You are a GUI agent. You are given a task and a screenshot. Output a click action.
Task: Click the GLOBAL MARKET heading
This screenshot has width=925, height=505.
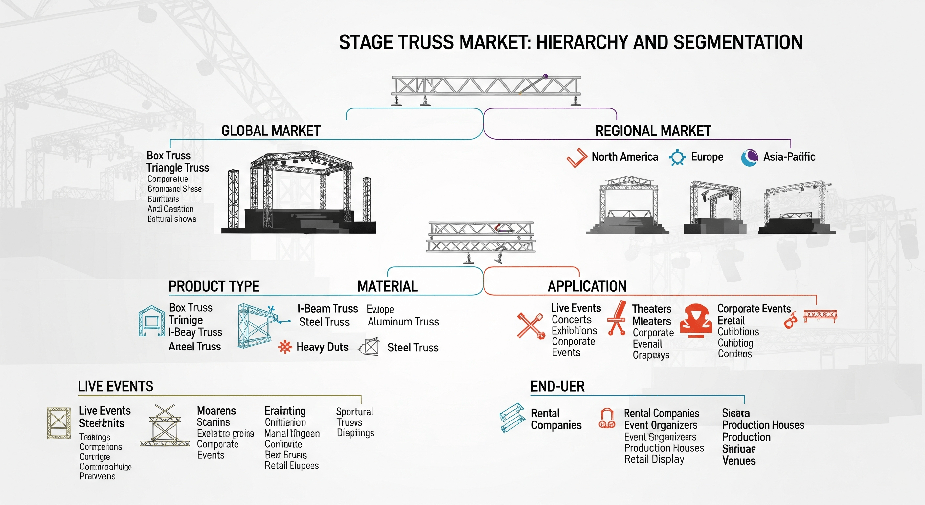(271, 131)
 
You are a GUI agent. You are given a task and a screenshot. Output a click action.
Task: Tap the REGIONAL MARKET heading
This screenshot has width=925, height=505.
(653, 131)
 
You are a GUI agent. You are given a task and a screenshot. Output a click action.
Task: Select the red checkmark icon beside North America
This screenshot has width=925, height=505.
(577, 158)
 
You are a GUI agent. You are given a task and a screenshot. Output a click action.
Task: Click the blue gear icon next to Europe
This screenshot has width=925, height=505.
(677, 157)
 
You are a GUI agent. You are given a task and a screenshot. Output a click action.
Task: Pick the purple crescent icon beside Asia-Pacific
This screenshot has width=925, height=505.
(749, 157)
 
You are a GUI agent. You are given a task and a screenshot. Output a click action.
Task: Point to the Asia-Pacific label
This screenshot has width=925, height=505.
(789, 157)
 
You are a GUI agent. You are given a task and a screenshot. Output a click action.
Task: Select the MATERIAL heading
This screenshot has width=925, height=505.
(388, 286)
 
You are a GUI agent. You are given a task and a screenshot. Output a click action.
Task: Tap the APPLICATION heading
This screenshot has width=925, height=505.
(587, 286)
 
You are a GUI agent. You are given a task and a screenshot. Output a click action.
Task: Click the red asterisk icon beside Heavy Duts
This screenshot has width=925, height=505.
(285, 347)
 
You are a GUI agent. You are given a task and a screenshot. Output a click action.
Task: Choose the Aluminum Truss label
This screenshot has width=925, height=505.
(403, 322)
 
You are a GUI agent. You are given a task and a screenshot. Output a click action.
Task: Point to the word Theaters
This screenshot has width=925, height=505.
(651, 309)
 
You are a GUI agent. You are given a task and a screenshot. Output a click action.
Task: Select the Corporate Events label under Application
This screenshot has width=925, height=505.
(754, 308)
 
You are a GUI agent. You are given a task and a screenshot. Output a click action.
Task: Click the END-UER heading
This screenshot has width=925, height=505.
(557, 386)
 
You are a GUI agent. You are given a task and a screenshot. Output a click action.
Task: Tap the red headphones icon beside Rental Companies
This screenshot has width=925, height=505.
(607, 419)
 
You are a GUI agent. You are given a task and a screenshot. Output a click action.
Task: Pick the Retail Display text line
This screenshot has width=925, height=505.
(654, 459)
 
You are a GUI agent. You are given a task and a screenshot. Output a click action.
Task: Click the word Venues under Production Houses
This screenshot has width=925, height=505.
(739, 461)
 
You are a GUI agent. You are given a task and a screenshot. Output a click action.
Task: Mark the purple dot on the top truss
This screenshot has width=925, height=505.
(546, 76)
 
